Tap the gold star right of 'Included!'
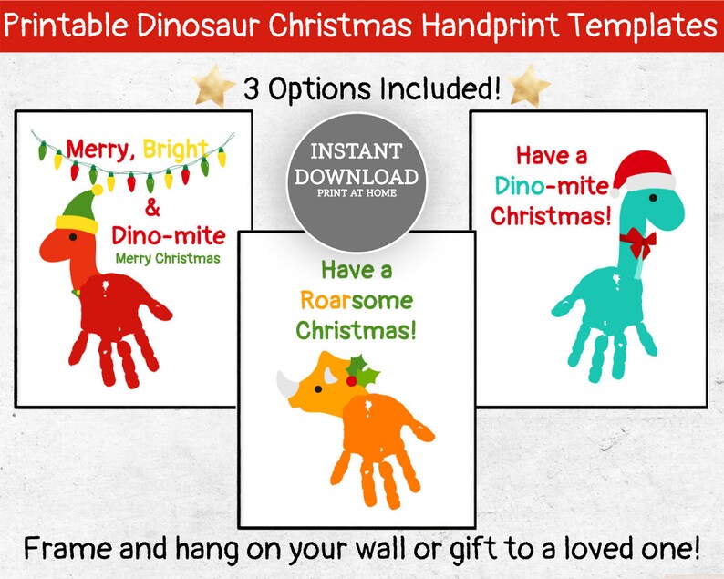[x=531, y=88]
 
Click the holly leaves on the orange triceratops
[x=366, y=369]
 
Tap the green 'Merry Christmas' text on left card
[x=168, y=258]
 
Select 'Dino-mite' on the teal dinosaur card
[x=551, y=187]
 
